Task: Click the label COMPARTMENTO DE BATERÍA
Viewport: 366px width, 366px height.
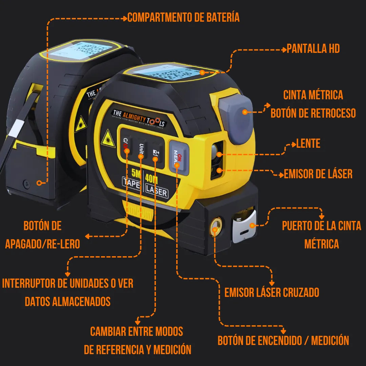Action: coord(183,17)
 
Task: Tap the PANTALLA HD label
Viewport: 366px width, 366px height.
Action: coord(313,49)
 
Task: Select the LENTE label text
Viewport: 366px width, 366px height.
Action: coord(308,144)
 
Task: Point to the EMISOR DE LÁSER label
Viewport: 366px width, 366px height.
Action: coord(318,174)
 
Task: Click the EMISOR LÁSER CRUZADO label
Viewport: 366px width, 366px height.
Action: coord(272,292)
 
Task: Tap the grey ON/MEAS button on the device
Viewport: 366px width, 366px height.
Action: coord(178,157)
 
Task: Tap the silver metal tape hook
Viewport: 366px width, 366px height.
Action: coord(244,226)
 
